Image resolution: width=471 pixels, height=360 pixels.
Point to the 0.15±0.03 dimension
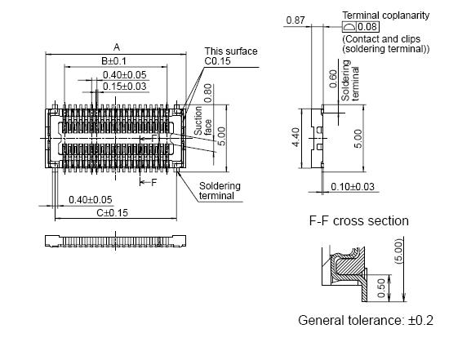point(125,86)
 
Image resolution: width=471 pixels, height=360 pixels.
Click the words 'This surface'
point(230,51)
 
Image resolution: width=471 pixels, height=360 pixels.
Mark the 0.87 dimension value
point(296,20)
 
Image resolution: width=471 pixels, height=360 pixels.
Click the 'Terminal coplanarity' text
point(385,16)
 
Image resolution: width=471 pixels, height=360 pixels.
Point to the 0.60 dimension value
point(332,78)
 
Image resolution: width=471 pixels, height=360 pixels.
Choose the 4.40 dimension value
point(297,135)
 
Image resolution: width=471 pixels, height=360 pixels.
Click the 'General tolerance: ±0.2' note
point(365,320)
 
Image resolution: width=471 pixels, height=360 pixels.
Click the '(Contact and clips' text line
point(380,38)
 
